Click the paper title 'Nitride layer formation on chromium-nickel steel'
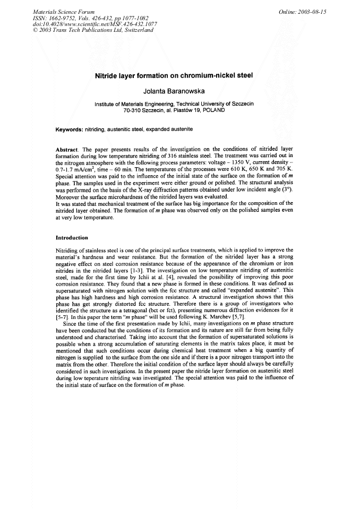pyautogui.click(x=174, y=75)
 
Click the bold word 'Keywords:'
pyautogui.click(x=70, y=130)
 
